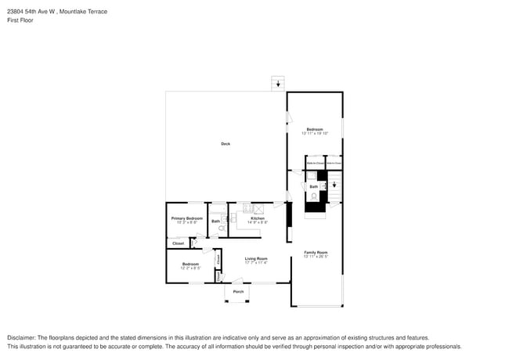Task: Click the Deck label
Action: (226, 143)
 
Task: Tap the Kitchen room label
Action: (258, 218)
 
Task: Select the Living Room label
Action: (256, 258)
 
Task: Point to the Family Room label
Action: (316, 252)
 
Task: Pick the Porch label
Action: (238, 292)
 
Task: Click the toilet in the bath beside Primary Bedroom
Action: (222, 229)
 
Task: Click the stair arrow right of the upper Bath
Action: (334, 185)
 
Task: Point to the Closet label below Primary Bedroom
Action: (178, 243)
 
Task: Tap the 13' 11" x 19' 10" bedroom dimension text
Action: (315, 133)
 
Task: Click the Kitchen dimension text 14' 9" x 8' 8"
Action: (258, 223)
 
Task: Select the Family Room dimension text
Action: (316, 256)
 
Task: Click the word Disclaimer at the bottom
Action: (23, 337)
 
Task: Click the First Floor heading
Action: (20, 21)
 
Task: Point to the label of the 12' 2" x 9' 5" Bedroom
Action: (190, 264)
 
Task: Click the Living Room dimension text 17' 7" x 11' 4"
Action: (256, 262)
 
